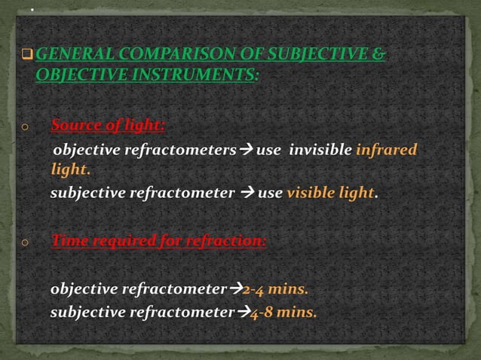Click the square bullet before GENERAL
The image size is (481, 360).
click(x=29, y=56)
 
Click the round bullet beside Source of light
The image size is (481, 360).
click(x=25, y=127)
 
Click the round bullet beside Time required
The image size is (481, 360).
click(x=25, y=243)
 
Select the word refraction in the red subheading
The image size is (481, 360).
click(x=226, y=241)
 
